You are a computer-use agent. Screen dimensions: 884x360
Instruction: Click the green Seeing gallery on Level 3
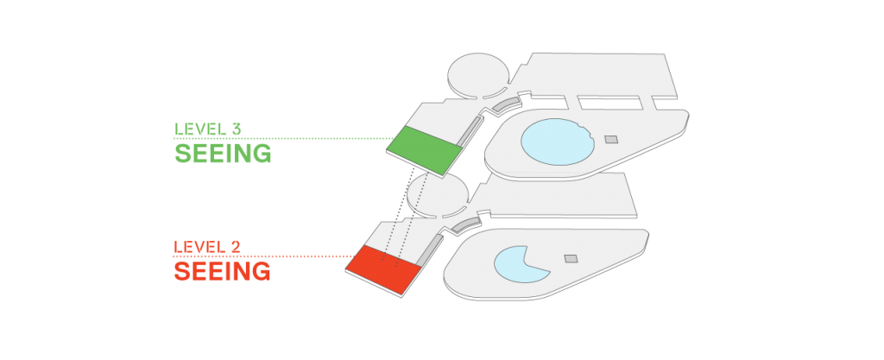(425, 149)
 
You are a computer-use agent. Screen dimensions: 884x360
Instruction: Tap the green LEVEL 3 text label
(207, 129)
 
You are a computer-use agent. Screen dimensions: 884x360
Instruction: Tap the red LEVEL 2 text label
(207, 247)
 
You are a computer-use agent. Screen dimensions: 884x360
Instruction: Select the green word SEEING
(223, 154)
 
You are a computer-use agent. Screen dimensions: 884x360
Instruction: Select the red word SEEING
(222, 271)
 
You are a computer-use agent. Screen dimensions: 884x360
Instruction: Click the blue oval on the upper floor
(557, 142)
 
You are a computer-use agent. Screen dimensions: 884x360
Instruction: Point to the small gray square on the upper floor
(611, 139)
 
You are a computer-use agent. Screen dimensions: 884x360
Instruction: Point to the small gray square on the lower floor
(571, 259)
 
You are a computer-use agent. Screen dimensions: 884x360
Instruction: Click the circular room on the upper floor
(478, 74)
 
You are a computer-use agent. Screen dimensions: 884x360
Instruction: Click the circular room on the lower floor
(438, 195)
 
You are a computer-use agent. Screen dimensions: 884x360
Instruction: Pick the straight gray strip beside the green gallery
(470, 131)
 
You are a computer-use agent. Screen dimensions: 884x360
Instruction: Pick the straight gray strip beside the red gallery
(430, 250)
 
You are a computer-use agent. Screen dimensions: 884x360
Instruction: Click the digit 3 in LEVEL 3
(237, 129)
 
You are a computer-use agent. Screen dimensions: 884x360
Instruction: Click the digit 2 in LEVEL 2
(236, 247)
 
